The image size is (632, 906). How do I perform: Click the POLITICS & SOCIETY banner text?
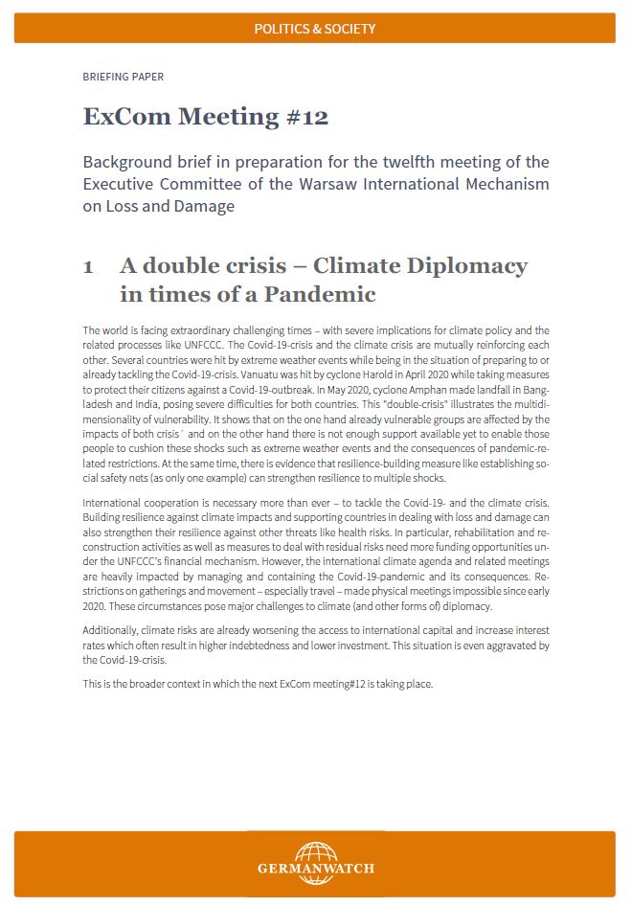(x=315, y=29)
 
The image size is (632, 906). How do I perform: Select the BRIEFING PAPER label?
(x=116, y=77)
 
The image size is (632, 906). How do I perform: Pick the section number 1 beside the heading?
(x=89, y=266)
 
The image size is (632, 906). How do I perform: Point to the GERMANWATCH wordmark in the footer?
(x=315, y=869)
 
